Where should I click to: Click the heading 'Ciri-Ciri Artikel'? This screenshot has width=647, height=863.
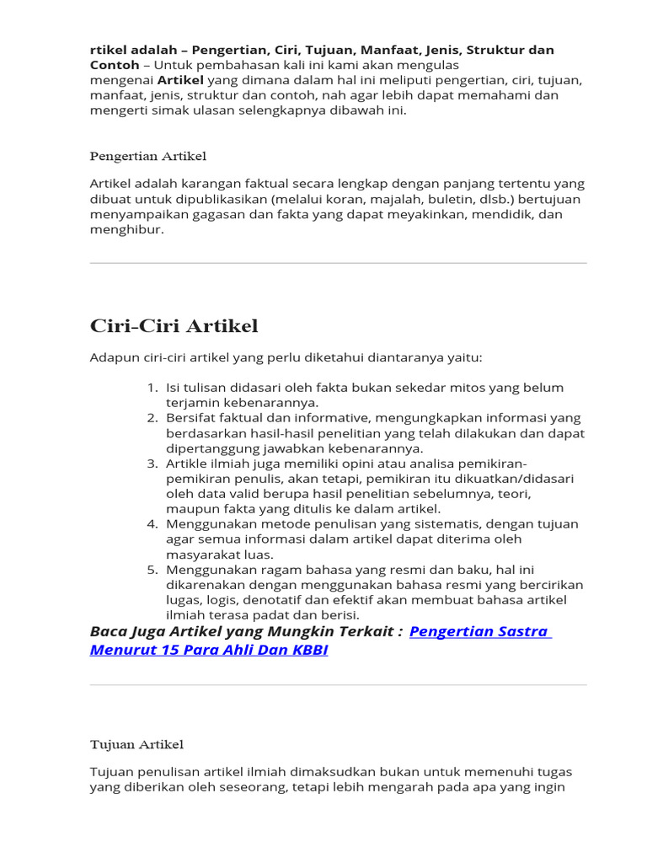tap(174, 326)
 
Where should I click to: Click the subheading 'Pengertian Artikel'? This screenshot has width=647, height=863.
tap(148, 156)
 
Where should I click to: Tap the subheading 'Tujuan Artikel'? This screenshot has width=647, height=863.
tap(136, 744)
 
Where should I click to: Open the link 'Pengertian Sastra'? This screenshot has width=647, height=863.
tap(479, 631)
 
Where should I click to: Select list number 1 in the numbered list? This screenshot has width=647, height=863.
tap(152, 388)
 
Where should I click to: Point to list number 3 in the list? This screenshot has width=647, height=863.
tap(152, 464)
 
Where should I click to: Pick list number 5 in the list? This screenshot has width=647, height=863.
tap(152, 570)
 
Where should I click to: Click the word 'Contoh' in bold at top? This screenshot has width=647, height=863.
tap(114, 65)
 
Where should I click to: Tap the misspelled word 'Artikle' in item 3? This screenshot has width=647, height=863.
tap(189, 464)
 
